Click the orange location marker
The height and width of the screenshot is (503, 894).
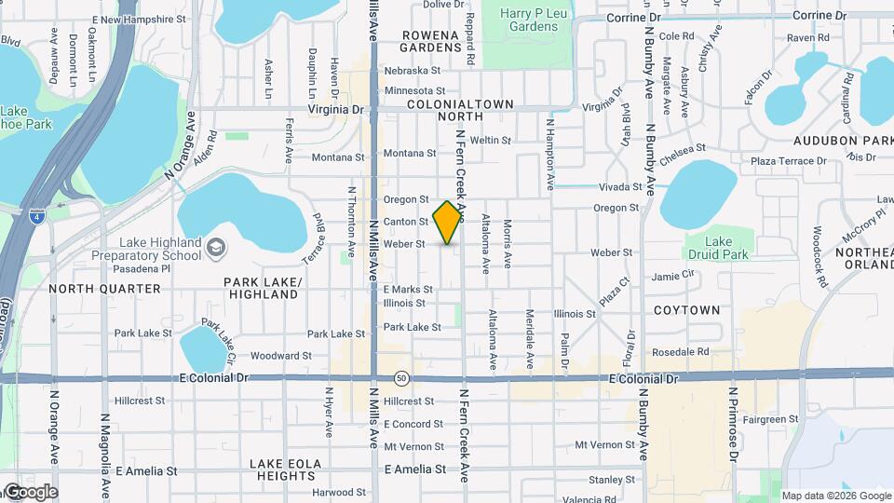pyautogui.click(x=448, y=222)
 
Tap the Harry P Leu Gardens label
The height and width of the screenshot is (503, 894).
pyautogui.click(x=528, y=20)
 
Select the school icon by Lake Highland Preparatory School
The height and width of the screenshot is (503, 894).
pyautogui.click(x=216, y=247)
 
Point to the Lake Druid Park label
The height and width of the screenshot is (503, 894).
pyautogui.click(x=716, y=247)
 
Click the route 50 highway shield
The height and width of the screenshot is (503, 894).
pyautogui.click(x=400, y=378)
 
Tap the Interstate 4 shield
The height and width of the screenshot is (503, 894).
pyautogui.click(x=34, y=217)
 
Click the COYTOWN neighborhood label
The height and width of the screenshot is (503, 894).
pyautogui.click(x=686, y=309)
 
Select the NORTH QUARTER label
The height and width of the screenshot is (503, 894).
pyautogui.click(x=104, y=289)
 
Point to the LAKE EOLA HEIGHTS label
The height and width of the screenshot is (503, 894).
pyautogui.click(x=287, y=469)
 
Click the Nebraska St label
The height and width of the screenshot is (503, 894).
pyautogui.click(x=412, y=71)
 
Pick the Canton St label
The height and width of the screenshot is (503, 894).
pyautogui.click(x=405, y=222)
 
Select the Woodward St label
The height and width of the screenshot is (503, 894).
pyautogui.click(x=280, y=356)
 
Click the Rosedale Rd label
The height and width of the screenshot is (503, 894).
pyautogui.click(x=681, y=352)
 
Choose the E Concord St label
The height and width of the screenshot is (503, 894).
pyautogui.click(x=413, y=424)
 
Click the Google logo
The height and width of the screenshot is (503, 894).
pyautogui.click(x=30, y=492)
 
